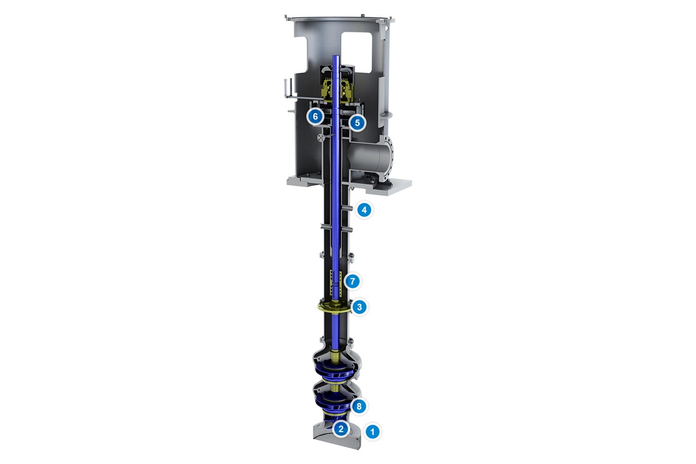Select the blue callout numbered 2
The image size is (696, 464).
pos(341,429)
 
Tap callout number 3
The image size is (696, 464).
pos(360,307)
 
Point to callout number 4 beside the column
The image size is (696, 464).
pos(364,210)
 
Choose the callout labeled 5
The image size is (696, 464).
pos(357,122)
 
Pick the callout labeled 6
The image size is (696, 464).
pos(315,117)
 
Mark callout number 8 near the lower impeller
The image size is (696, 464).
pos(359,407)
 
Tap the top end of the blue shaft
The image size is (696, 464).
pos(336,58)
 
